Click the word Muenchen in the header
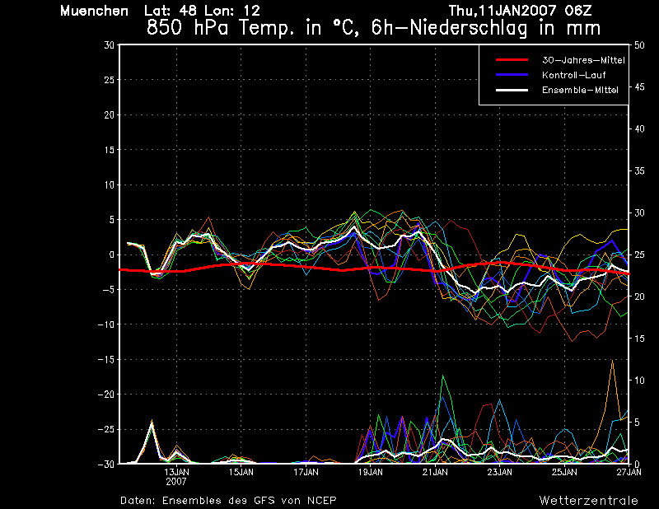94,11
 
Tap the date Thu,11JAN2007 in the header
502,11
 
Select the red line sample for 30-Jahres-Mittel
512,60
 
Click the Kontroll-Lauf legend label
573,75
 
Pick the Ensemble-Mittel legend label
580,90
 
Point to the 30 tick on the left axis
110,45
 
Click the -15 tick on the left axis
106,359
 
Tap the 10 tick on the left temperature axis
110,184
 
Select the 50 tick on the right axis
639,45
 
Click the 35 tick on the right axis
639,170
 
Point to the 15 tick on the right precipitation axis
639,339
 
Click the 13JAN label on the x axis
176,472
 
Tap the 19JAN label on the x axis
370,472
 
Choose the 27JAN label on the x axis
629,472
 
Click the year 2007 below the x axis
176,482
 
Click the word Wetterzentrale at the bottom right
588,500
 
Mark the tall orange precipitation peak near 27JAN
612,360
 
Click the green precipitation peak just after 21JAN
442,376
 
